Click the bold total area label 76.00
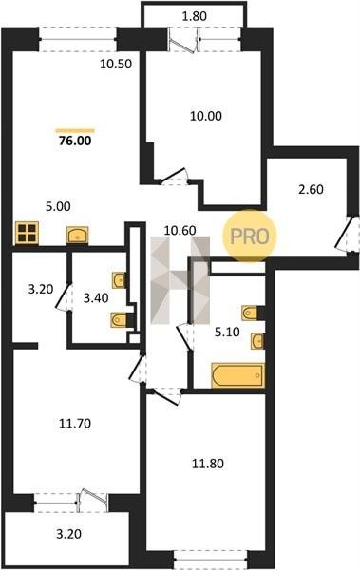75,141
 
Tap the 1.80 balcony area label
194,16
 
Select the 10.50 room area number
116,64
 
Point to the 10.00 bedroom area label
206,116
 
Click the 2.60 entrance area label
311,190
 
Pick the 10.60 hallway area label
180,230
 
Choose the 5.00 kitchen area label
58,206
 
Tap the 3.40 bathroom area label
96,298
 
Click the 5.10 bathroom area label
227,332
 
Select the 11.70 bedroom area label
75,424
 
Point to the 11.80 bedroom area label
208,464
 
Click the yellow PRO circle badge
250,236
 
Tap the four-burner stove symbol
27,233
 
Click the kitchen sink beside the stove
78,235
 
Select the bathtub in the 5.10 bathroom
237,375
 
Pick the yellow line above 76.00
75,131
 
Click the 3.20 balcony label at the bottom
68,534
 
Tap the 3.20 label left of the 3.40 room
41,290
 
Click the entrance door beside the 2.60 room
345,235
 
